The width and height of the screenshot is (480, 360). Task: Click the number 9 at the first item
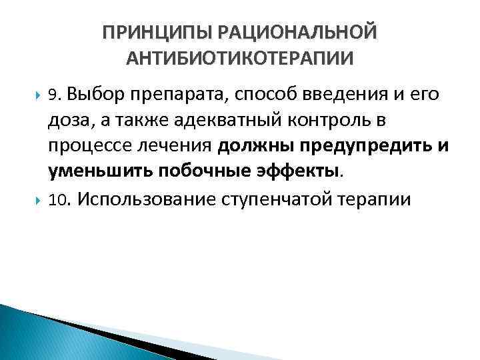(54, 95)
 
